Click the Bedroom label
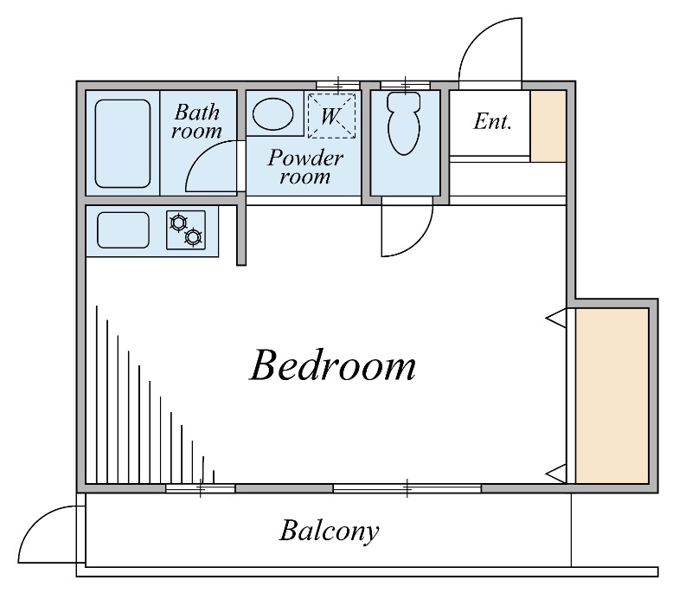click(x=333, y=365)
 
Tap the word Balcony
click(x=330, y=531)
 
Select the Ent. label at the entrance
click(x=492, y=121)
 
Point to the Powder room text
click(x=305, y=167)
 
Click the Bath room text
click(x=197, y=121)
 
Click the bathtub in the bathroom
click(x=123, y=144)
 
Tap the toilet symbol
click(x=403, y=123)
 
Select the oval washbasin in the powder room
click(x=272, y=114)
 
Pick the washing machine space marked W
click(x=331, y=116)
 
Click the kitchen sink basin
click(x=123, y=230)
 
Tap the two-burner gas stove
click(x=186, y=230)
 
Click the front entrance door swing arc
click(x=472, y=35)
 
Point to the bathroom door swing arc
click(x=196, y=157)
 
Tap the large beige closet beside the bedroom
click(x=612, y=396)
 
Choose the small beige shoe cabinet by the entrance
click(x=548, y=126)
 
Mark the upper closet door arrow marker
click(x=556, y=318)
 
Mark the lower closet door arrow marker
click(x=556, y=474)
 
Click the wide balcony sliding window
click(x=407, y=488)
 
